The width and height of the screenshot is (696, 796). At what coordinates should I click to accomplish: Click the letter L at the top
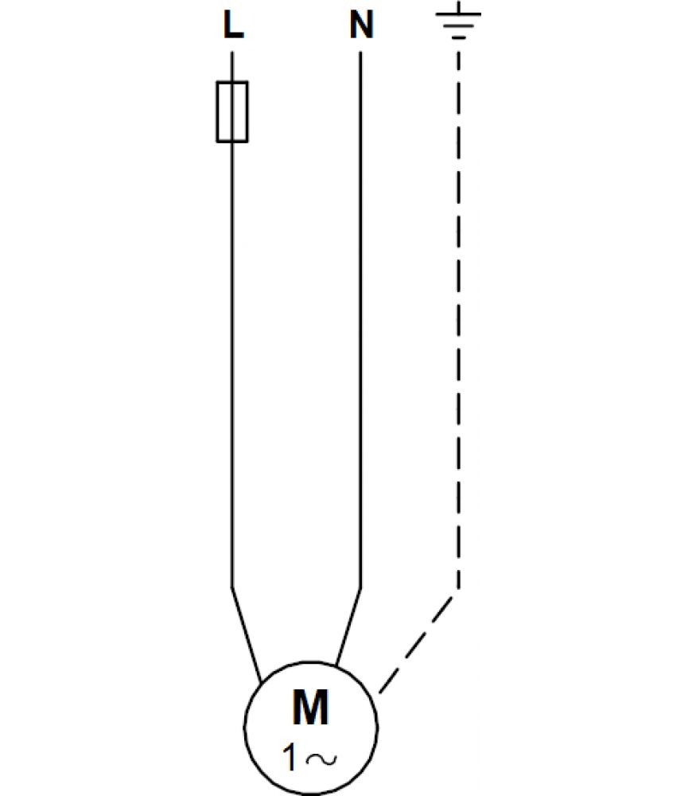point(233,25)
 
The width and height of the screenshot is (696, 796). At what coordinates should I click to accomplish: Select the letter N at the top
point(361,25)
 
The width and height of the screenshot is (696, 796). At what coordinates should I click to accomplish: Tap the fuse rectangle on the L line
point(232,111)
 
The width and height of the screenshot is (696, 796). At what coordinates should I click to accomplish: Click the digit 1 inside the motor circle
point(290,758)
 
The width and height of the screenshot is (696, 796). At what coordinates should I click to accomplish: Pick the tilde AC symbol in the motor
point(321,759)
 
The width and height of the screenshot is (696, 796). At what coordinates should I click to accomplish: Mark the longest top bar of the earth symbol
point(459,14)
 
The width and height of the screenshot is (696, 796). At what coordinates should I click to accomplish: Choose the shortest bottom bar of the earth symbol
point(459,37)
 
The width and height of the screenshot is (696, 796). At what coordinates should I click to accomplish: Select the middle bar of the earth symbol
point(459,25)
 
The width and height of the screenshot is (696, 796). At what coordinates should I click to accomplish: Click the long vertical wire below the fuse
point(231,365)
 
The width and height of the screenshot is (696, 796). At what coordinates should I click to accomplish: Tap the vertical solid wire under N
point(360,320)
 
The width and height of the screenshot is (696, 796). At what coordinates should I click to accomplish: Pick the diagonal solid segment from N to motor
point(348,626)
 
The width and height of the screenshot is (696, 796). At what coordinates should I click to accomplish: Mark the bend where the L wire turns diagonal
point(231,588)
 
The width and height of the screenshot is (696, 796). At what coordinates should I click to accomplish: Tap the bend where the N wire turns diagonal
point(360,589)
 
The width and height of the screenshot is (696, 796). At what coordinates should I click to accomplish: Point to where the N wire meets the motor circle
point(336,665)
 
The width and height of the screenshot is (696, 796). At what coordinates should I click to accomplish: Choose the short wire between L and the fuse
point(232,67)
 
